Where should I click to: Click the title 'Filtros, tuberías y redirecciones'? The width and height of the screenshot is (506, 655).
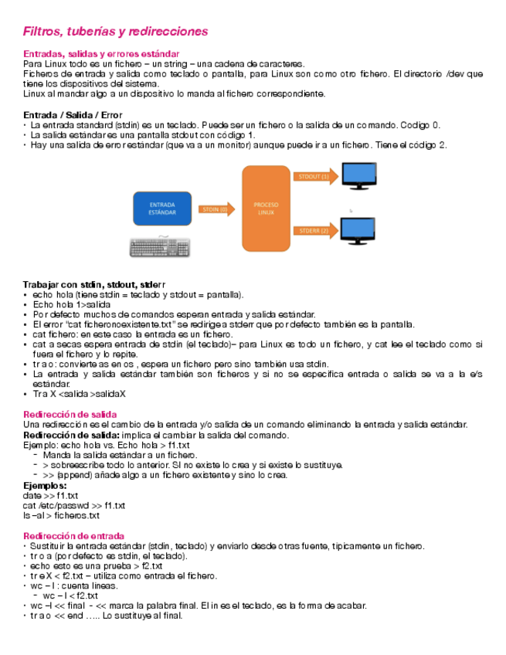tap(116, 32)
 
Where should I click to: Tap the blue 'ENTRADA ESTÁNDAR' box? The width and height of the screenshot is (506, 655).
tap(161, 209)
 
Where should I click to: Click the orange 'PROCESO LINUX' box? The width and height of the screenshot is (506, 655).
tap(265, 209)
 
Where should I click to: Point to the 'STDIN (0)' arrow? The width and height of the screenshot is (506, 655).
tap(216, 209)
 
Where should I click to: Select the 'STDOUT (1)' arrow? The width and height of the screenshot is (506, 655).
tap(314, 177)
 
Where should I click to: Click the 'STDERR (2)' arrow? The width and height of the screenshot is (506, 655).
tap(314, 230)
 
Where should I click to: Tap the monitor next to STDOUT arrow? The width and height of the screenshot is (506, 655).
tap(359, 175)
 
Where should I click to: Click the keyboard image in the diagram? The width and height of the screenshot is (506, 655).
tap(160, 247)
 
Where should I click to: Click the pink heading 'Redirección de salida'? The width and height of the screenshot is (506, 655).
tap(70, 415)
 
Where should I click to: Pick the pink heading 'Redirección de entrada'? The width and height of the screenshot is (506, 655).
tap(73, 535)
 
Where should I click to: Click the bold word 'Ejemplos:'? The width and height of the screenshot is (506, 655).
tap(45, 485)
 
